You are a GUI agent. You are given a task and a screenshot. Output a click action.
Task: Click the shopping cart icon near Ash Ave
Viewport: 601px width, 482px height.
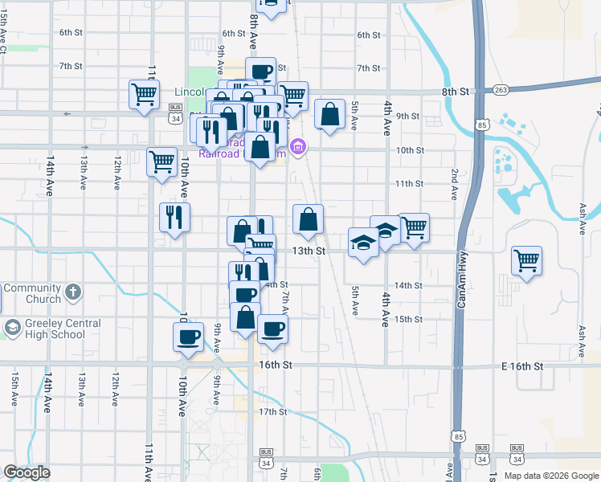tap(526, 259)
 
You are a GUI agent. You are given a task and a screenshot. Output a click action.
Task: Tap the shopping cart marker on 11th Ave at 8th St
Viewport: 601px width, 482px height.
tap(144, 93)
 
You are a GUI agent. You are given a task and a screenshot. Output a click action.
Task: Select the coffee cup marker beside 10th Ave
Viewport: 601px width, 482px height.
tap(188, 337)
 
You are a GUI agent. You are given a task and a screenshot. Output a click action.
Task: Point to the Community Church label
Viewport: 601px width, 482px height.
tap(31, 293)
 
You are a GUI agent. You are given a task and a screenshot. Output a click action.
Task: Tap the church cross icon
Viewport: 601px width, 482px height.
tap(72, 291)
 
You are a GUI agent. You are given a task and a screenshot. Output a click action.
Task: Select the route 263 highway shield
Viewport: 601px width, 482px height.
tap(501, 90)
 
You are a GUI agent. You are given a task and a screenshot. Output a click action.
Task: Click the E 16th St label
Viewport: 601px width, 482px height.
tap(522, 366)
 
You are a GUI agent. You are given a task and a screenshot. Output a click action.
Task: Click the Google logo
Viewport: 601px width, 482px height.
tap(27, 472)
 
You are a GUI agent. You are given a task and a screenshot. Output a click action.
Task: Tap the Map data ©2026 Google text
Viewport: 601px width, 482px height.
tap(550, 475)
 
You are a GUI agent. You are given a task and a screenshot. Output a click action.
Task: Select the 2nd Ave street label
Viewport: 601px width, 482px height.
tap(454, 184)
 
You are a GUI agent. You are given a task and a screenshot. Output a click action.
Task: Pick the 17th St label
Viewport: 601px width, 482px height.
tap(272, 412)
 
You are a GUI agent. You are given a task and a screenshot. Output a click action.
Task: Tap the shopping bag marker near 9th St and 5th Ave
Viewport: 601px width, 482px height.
tap(329, 114)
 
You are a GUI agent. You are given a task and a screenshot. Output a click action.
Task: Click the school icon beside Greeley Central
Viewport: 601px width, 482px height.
tap(13, 328)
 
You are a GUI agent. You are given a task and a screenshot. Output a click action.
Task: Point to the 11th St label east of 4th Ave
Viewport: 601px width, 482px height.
tap(409, 184)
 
